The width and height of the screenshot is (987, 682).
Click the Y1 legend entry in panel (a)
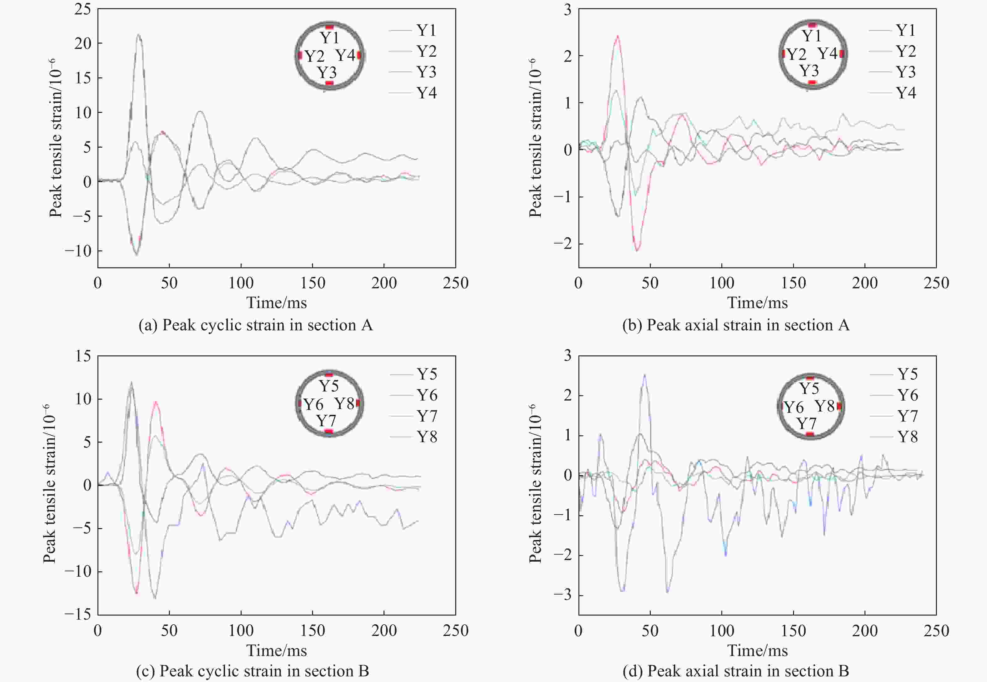[426, 30]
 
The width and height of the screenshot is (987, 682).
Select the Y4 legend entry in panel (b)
[906, 93]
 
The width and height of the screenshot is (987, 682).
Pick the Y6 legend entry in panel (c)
[427, 395]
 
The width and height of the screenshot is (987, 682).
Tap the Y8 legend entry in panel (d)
[907, 437]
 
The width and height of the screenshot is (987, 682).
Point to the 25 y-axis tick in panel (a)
[83, 9]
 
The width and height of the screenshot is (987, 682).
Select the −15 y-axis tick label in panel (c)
[78, 615]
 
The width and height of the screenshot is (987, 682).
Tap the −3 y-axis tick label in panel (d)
[562, 595]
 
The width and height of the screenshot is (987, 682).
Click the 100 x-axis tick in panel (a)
[241, 283]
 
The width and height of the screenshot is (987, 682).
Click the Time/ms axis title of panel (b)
[757, 302]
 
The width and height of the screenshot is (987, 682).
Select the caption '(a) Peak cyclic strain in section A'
[255, 325]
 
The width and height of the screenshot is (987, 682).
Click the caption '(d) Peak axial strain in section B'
[735, 671]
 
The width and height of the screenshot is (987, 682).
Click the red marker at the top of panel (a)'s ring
[329, 27]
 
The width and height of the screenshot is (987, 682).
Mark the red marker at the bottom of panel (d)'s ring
[810, 435]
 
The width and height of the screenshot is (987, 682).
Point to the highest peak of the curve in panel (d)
[645, 375]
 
